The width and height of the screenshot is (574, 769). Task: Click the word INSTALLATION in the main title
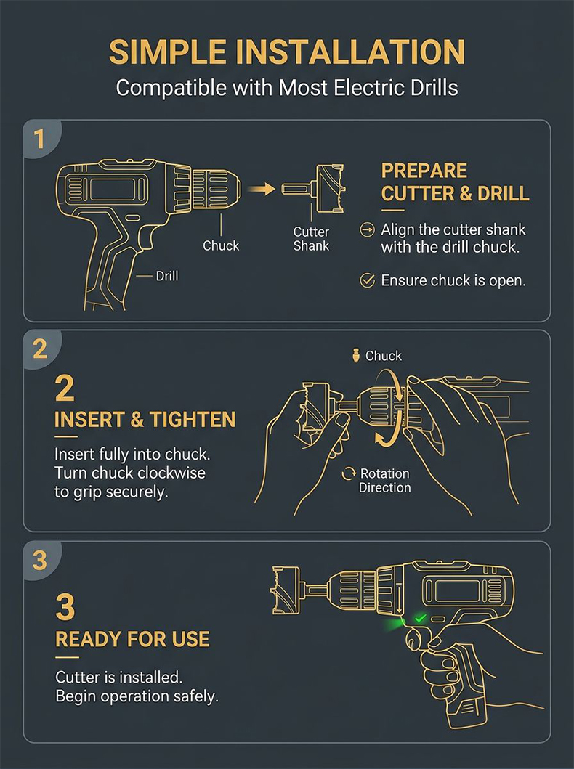click(350, 52)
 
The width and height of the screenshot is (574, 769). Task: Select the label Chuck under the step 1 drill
click(221, 245)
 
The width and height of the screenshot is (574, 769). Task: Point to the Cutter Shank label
click(311, 239)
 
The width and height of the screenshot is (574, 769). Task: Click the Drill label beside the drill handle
click(167, 276)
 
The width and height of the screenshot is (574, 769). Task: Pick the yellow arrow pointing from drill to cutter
click(261, 189)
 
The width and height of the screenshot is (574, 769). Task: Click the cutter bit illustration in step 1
click(313, 189)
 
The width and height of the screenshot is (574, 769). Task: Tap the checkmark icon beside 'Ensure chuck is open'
click(368, 280)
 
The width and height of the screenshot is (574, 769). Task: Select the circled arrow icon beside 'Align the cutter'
click(367, 229)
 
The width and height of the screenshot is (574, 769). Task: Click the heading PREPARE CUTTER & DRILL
click(455, 182)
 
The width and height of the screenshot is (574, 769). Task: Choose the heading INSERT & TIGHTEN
click(145, 420)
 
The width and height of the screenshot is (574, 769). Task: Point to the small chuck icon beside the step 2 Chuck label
click(356, 355)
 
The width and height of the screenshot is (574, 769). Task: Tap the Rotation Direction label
click(384, 481)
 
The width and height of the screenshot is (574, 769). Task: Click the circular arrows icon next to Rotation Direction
click(349, 473)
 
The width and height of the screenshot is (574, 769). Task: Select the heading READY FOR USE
click(132, 639)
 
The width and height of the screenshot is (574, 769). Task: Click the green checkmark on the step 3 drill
click(420, 618)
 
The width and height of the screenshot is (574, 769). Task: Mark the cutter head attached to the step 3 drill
click(286, 590)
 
